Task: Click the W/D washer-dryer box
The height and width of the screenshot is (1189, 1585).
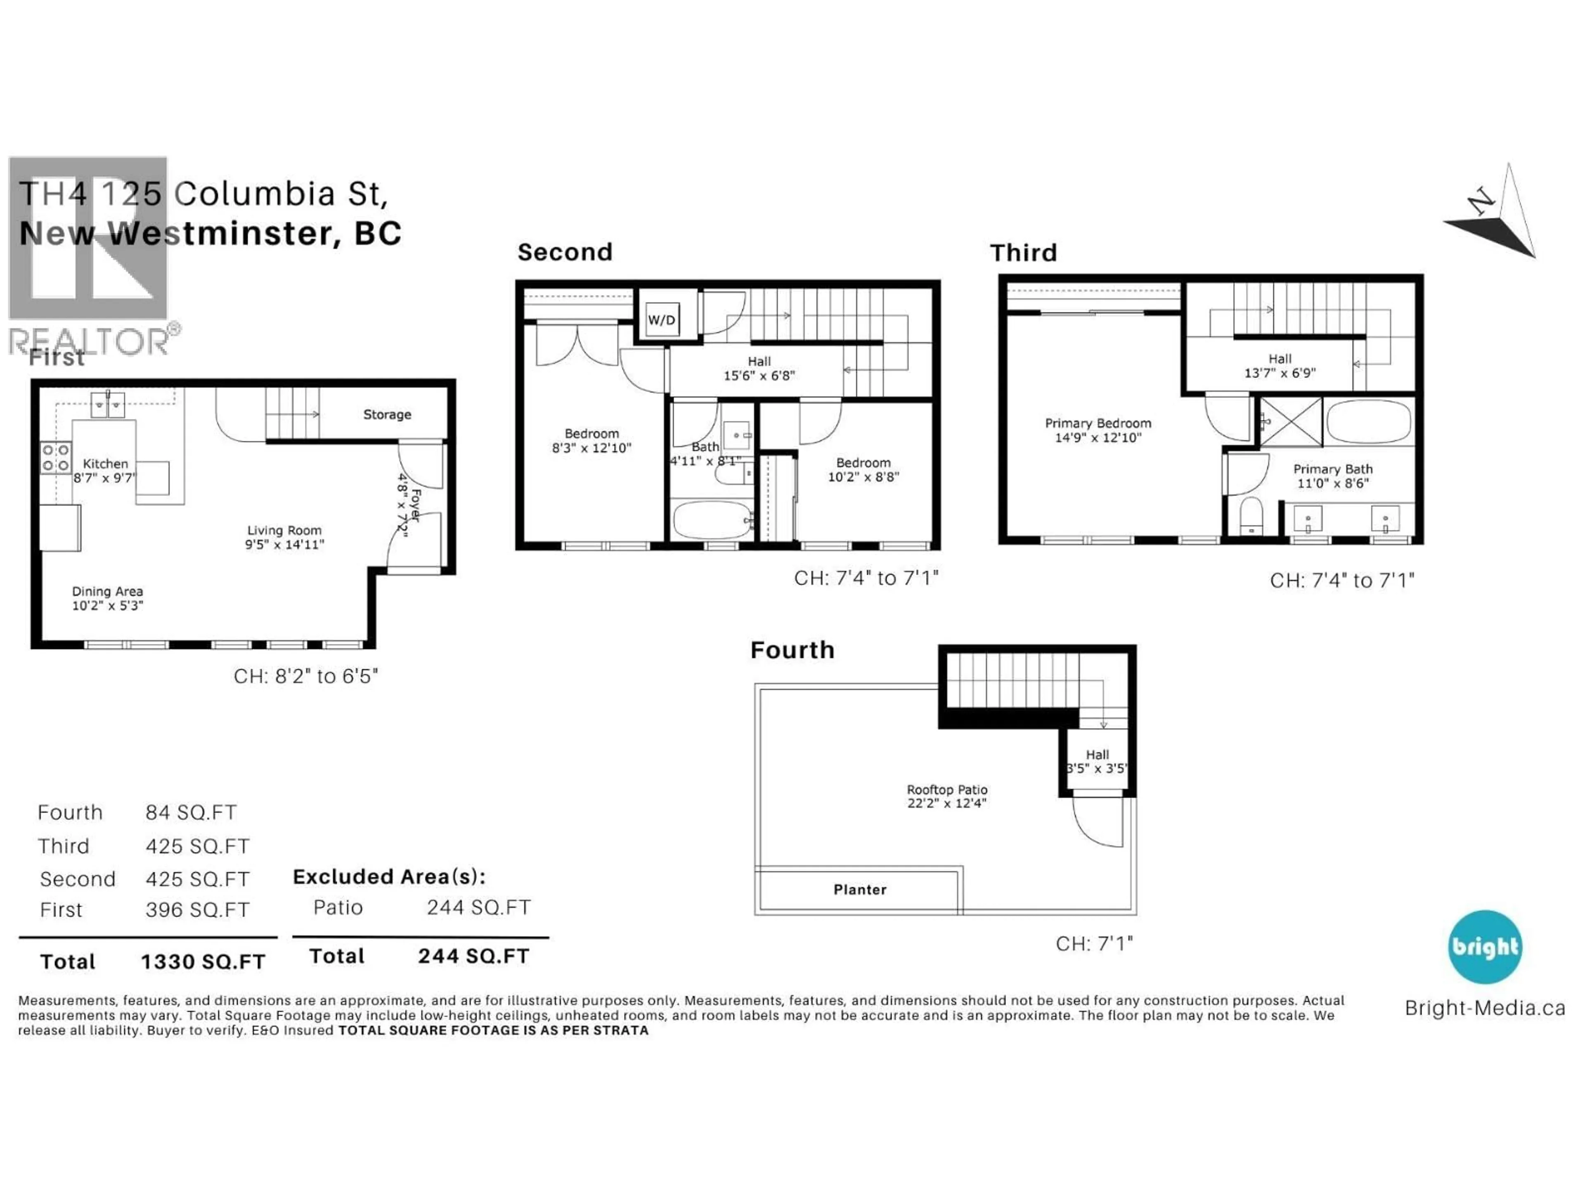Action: point(661,320)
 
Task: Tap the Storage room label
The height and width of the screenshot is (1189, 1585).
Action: point(387,414)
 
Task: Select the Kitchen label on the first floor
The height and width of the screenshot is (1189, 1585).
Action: point(105,464)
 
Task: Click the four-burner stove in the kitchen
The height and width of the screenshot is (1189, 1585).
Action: point(55,458)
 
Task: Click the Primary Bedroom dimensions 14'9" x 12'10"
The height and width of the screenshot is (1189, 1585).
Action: point(1098,437)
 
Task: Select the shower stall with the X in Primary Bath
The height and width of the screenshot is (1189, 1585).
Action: point(1291,422)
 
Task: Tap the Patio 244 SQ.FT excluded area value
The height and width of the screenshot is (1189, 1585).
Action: point(478,907)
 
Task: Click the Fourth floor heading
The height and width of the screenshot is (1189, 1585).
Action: point(792,650)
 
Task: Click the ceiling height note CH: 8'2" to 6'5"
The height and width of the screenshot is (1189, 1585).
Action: point(305,676)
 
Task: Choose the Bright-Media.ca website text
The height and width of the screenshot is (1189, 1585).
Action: point(1485,1008)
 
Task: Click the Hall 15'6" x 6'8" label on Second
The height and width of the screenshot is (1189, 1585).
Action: point(759,368)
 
